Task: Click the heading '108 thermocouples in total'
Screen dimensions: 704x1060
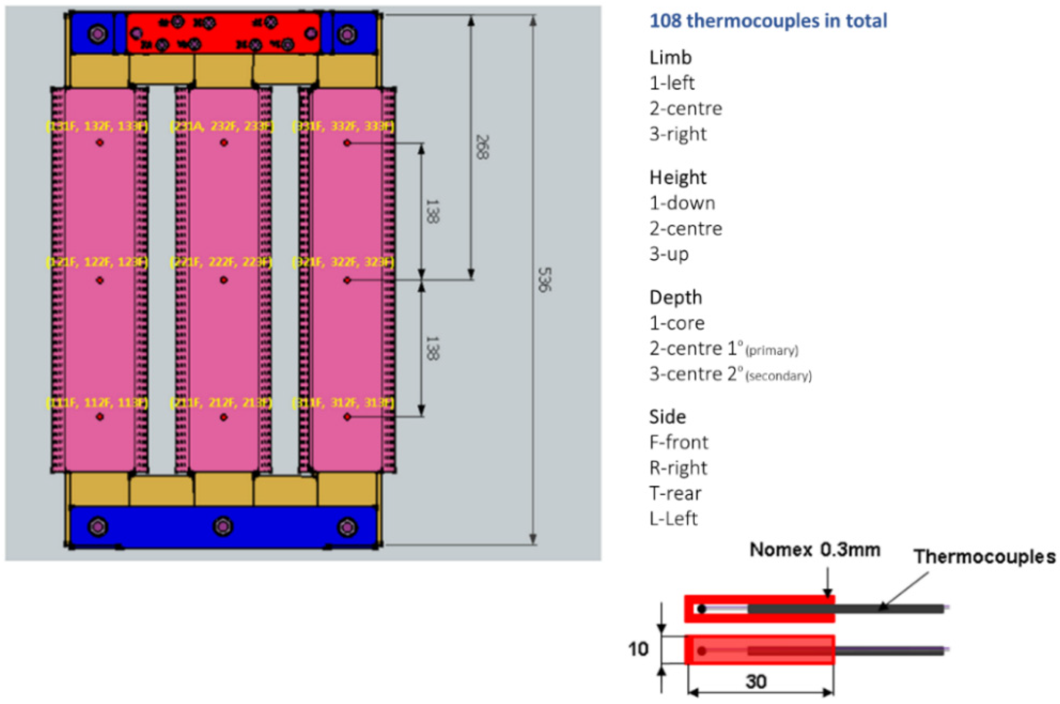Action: (768, 21)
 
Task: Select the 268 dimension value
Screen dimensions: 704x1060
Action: (482, 147)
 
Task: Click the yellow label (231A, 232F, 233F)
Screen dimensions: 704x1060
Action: (221, 127)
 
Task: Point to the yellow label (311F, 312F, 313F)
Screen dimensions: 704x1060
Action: (343, 403)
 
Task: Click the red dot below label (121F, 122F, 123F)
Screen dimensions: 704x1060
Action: (100, 281)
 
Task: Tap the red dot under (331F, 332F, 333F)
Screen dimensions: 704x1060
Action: (347, 143)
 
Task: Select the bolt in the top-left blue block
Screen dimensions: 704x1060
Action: (97, 33)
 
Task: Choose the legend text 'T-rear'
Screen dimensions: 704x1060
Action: (675, 493)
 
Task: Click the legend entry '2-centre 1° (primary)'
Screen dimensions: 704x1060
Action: (723, 349)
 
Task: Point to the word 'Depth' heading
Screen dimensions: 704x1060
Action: (675, 297)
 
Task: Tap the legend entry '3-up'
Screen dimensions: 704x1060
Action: (669, 254)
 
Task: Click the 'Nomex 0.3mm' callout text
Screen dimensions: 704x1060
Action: (814, 550)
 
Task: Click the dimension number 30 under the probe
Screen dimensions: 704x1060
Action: (756, 682)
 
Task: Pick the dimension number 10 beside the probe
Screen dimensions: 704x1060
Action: (638, 649)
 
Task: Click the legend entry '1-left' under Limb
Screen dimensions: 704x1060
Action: (672, 83)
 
